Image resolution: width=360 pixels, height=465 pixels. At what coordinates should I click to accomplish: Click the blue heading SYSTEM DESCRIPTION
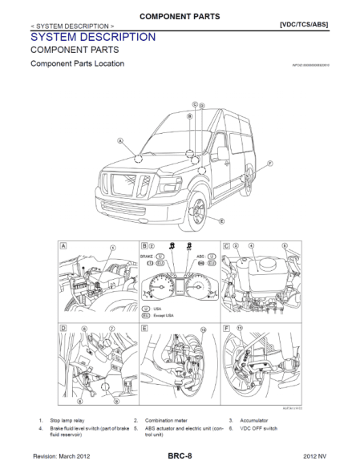pyautogui.click(x=92, y=37)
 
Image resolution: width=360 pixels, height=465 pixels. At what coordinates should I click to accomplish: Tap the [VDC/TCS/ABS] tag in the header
pyautogui.click(x=303, y=24)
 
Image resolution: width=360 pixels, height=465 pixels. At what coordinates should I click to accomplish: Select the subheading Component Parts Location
pyautogui.click(x=77, y=63)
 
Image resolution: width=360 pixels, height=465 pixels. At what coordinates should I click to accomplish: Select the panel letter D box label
pyautogui.click(x=63, y=328)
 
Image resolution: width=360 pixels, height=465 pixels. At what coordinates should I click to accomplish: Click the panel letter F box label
pyautogui.click(x=226, y=328)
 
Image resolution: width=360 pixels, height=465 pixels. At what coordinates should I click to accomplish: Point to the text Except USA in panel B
pyautogui.click(x=164, y=317)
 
